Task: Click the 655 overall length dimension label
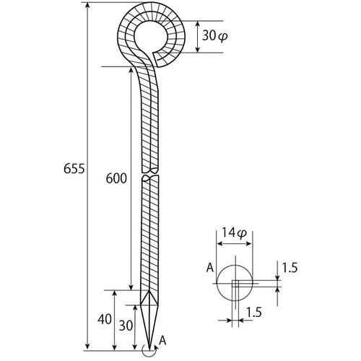tap(74, 168)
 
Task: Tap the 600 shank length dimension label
tap(116, 178)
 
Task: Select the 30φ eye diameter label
tap(214, 36)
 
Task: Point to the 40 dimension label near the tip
tap(105, 319)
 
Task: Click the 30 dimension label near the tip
tap(126, 326)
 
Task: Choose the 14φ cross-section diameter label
tap(234, 232)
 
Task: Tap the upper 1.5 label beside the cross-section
tap(290, 268)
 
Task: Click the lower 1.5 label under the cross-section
tap(253, 312)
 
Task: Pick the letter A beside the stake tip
tap(163, 341)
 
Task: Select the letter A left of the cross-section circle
tap(210, 267)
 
